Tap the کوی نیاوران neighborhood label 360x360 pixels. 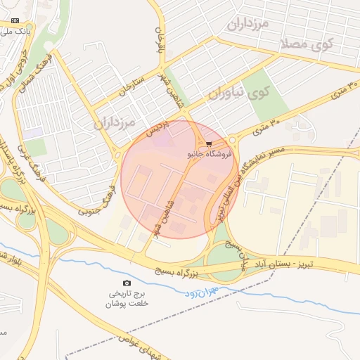pos(240,92)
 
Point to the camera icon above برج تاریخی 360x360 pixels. pos(127,282)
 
